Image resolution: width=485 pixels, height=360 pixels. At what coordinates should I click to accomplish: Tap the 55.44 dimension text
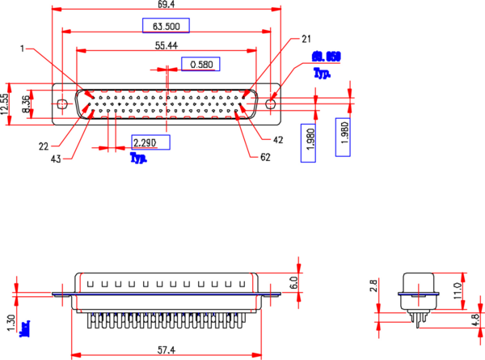pyautogui.click(x=167, y=46)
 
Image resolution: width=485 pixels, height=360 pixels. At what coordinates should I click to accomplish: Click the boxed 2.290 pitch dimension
pyautogui.click(x=150, y=143)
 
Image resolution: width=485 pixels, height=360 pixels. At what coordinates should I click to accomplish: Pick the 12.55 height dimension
pyautogui.click(x=4, y=104)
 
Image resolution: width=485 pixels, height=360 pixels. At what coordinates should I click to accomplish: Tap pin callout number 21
pyautogui.click(x=306, y=38)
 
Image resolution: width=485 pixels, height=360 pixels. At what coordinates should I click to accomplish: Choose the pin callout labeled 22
pyautogui.click(x=43, y=146)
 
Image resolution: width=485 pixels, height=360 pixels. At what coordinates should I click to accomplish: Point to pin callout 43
pyautogui.click(x=57, y=159)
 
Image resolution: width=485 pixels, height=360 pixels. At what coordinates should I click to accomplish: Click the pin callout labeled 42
pyautogui.click(x=278, y=140)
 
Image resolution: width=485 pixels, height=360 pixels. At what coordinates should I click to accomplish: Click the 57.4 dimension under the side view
pyautogui.click(x=166, y=349)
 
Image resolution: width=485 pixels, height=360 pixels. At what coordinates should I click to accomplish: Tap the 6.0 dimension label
pyautogui.click(x=294, y=282)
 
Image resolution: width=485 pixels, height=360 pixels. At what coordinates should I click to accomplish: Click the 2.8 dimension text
pyautogui.click(x=374, y=286)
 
